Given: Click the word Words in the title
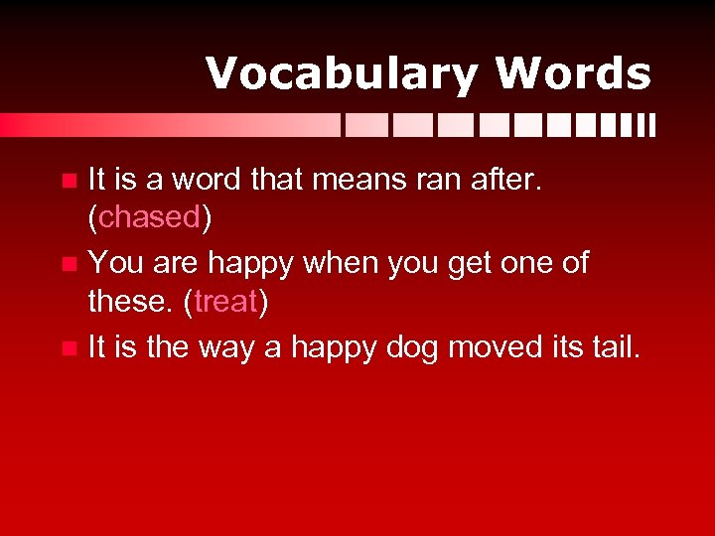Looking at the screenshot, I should click(x=573, y=74).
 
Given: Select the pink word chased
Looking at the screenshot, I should click(x=150, y=217).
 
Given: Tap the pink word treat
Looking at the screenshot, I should click(x=226, y=301).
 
